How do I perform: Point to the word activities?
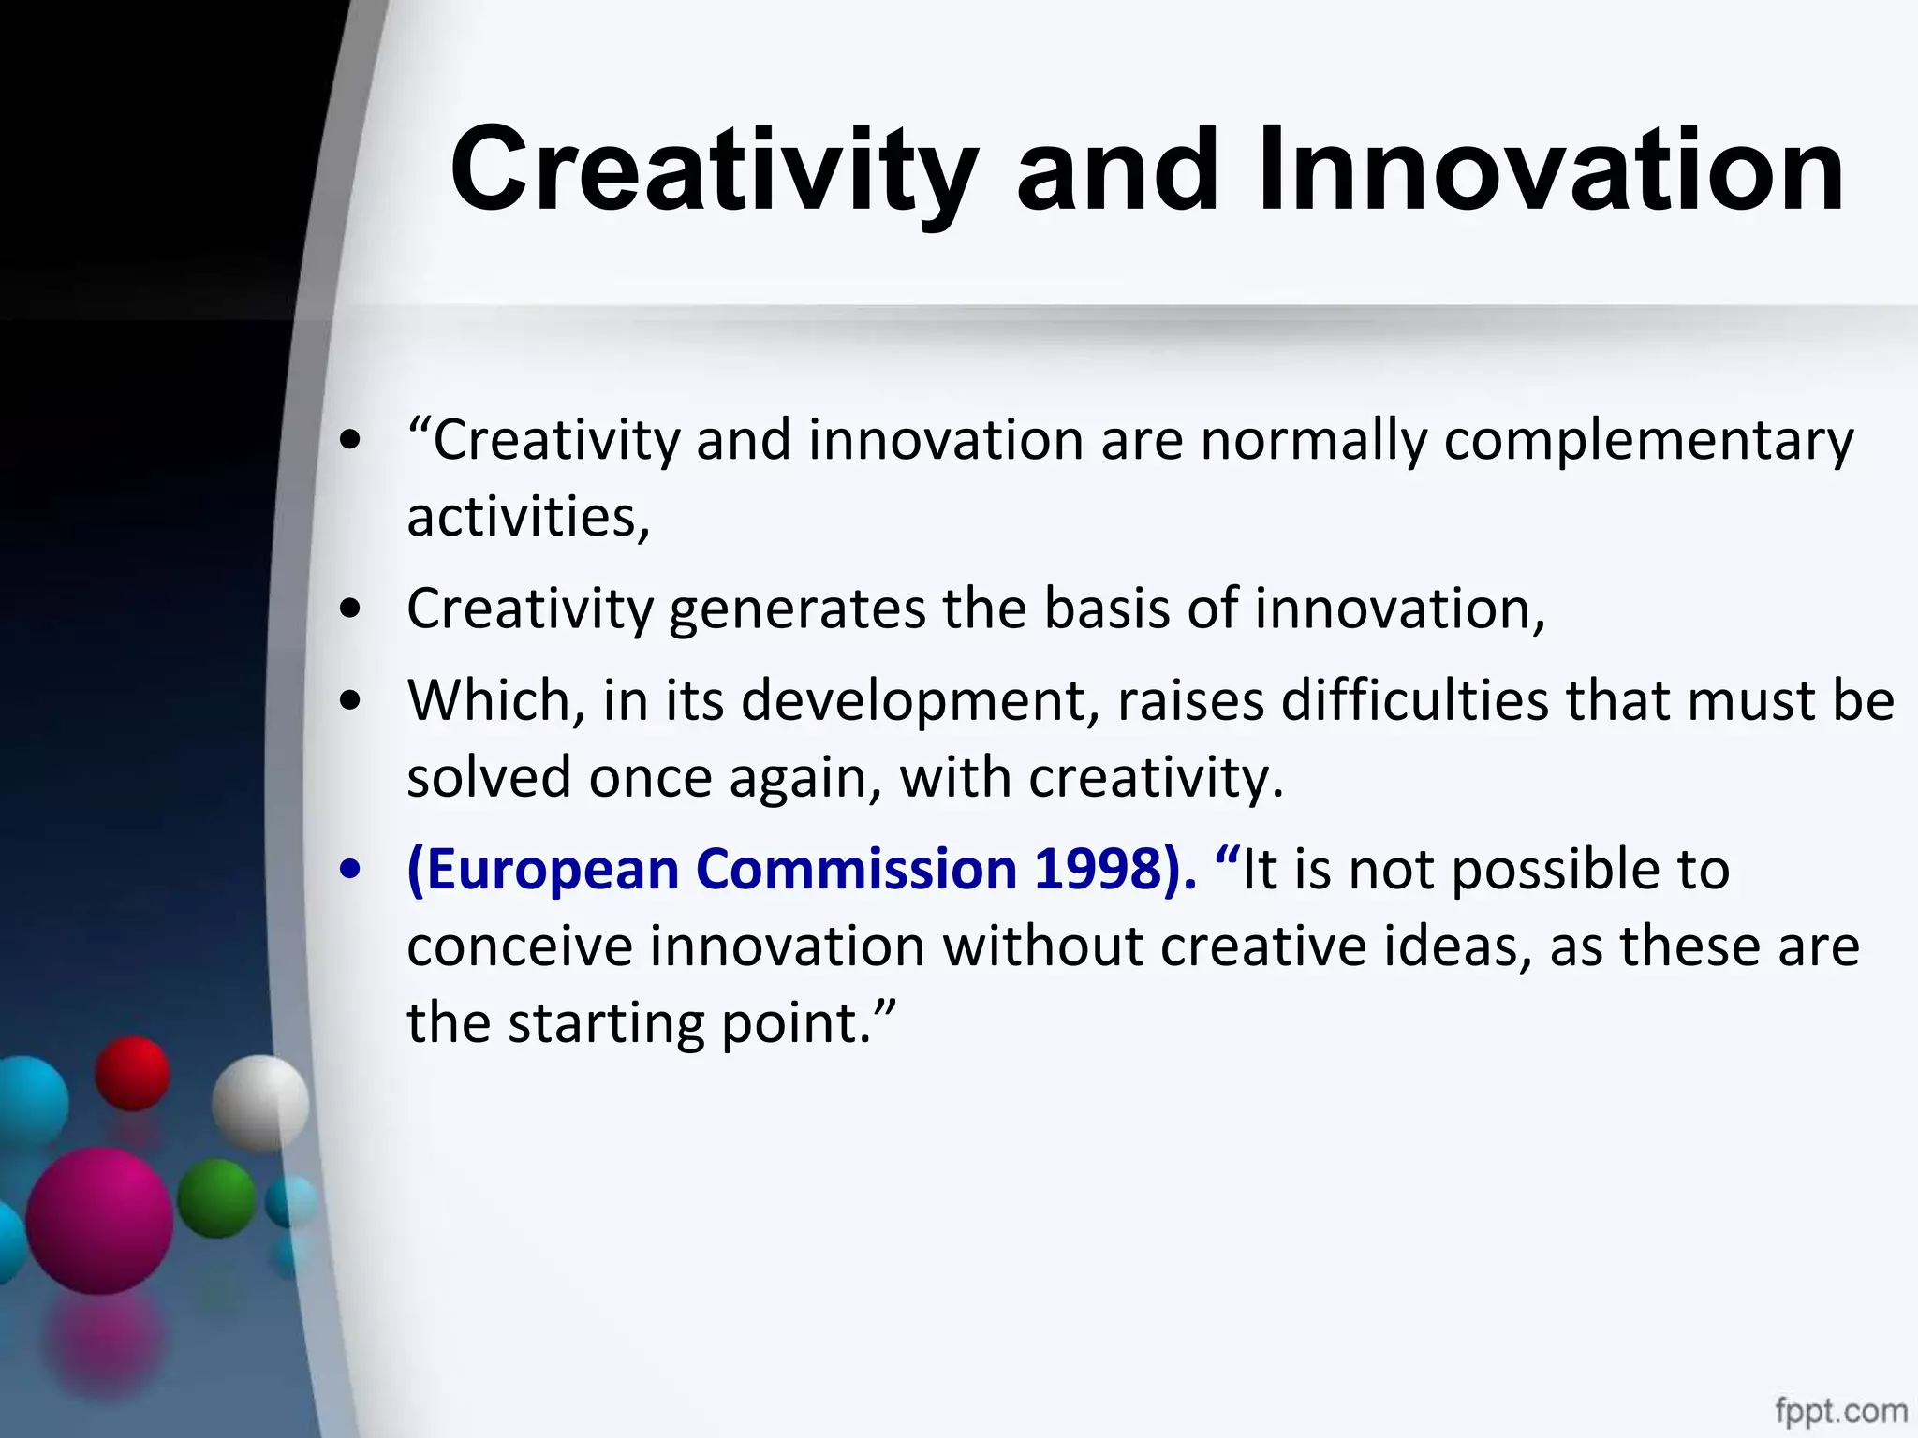click(x=527, y=517)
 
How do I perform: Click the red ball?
click(x=132, y=1072)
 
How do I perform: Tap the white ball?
click(x=259, y=1103)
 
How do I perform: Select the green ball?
click(x=216, y=1198)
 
